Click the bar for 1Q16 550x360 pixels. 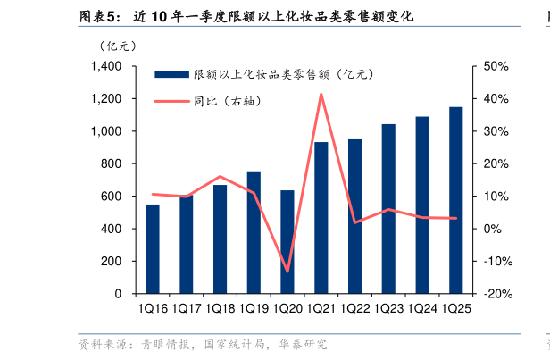[x=153, y=249]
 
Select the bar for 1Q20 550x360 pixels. [x=287, y=242]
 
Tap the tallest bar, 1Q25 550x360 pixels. [x=455, y=200]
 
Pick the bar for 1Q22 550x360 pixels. [x=354, y=216]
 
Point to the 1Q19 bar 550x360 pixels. [x=254, y=232]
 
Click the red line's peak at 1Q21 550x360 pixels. [x=321, y=94]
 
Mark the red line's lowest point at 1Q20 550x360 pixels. [x=287, y=271]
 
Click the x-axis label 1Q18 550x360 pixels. [x=220, y=308]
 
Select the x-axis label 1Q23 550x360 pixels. [x=388, y=308]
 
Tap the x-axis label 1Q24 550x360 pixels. [x=421, y=308]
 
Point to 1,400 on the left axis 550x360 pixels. [x=106, y=67]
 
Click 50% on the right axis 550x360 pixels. [x=496, y=67]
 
